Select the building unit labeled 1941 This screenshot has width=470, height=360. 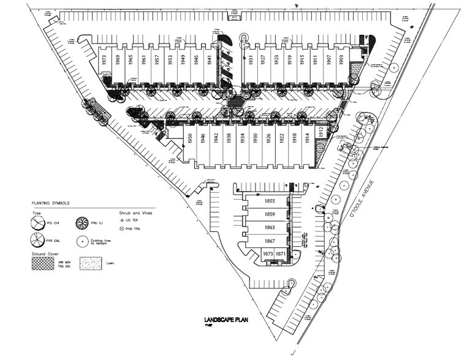pos(210,60)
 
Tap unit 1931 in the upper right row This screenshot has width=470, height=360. pos(251,60)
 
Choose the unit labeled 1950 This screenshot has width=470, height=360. pos(191,138)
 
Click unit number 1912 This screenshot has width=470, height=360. pos(320,131)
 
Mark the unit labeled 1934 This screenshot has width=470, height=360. pos(242,138)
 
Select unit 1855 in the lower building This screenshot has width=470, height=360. pos(269,200)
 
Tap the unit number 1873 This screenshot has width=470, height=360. pos(268,253)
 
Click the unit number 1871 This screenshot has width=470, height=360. pos(280,253)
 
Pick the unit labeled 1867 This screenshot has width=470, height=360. pos(269,240)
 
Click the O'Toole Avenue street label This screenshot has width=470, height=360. pos(369,192)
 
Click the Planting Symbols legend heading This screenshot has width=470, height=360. pos(51,203)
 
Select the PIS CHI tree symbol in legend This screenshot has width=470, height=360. pos(39,223)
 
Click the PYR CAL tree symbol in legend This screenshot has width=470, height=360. pos(39,240)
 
